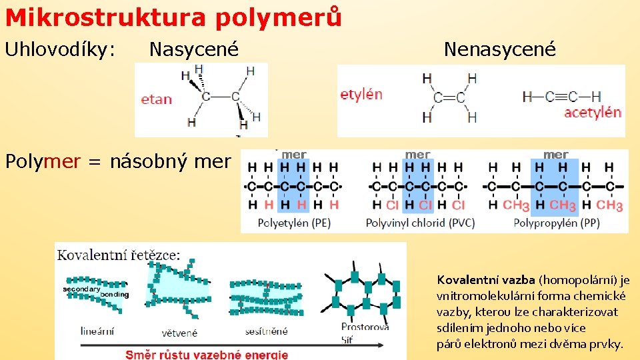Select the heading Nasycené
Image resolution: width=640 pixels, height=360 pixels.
[x=193, y=49]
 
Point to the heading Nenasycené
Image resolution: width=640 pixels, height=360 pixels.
[x=499, y=49]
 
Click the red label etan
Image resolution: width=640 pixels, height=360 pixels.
[x=157, y=99]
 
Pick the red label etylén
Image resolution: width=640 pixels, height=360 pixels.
[x=361, y=94]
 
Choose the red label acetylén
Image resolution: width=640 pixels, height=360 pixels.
[x=593, y=113]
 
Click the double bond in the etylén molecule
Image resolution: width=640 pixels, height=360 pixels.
[x=449, y=98]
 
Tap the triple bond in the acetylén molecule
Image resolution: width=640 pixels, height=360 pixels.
[x=561, y=97]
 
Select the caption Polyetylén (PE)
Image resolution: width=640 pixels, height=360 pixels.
[x=294, y=223]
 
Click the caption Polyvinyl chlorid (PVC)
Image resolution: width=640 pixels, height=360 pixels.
[x=420, y=223]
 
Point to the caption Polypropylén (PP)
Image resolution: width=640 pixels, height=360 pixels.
[x=557, y=223]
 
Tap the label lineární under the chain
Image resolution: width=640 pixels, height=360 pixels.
[x=97, y=330]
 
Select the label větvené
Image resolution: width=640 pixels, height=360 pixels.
[x=179, y=332]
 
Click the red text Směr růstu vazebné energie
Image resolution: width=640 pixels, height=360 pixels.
[x=207, y=354]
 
